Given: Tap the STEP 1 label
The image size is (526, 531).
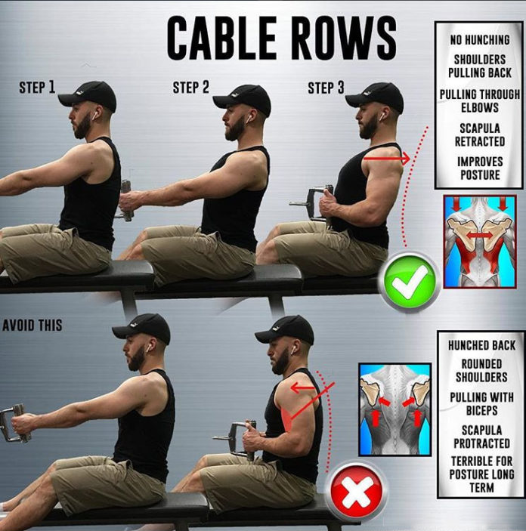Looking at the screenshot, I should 37,88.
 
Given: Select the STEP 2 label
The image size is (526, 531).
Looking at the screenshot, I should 190,88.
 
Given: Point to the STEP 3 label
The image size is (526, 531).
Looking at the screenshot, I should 326,88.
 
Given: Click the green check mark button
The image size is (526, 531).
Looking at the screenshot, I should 410,283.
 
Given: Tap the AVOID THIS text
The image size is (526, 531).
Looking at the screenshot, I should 32,326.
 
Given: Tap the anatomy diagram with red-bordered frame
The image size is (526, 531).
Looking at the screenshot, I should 479,241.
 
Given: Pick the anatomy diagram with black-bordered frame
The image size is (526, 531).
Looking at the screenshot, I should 394,408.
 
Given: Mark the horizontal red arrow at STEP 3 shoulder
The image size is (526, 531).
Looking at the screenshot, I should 386,159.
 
